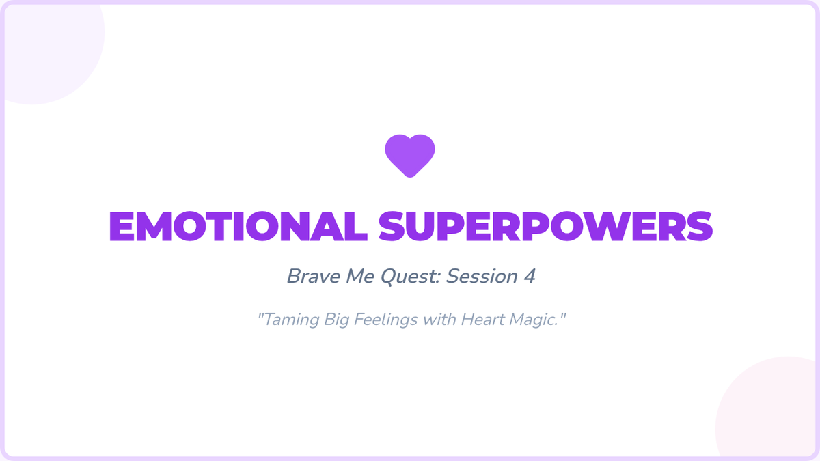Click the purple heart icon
tap(410, 156)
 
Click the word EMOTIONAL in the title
tap(238, 227)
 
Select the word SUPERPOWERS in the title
tap(545, 227)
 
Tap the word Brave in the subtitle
tap(314, 276)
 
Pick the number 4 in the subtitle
tap(530, 276)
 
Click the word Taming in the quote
tap(291, 320)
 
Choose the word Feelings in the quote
tap(386, 320)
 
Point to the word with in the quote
tap(439, 320)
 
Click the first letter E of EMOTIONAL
tap(122, 227)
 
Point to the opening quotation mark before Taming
tap(260, 315)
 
